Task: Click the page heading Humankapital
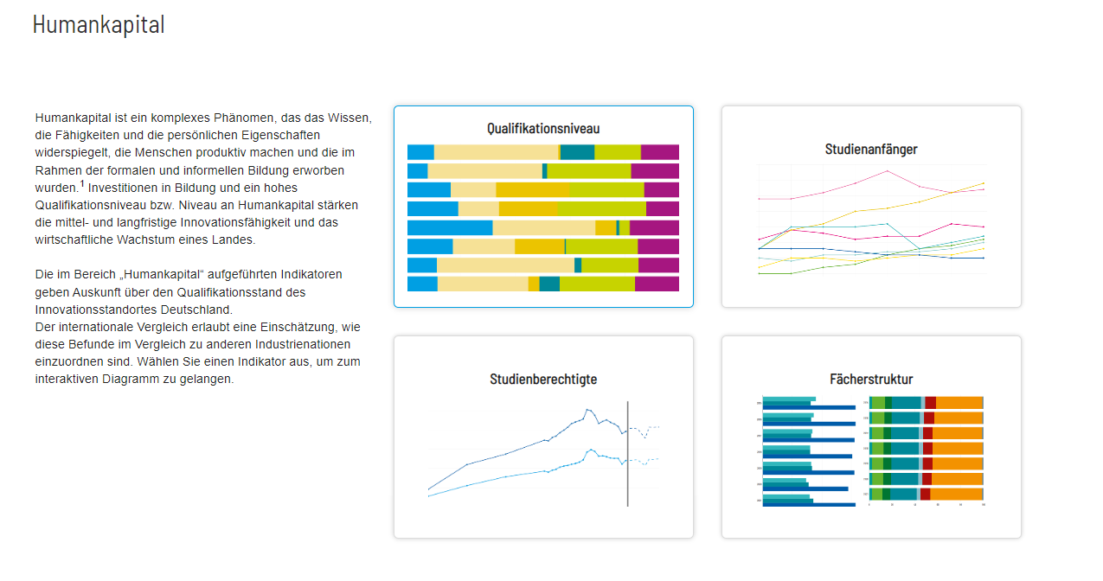(x=99, y=25)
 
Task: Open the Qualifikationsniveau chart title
(x=542, y=129)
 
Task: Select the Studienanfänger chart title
(x=871, y=149)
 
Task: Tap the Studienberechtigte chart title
(x=543, y=379)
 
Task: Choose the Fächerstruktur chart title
(x=871, y=379)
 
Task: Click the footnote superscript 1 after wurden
(x=82, y=183)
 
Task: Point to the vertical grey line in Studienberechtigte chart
(x=627, y=453)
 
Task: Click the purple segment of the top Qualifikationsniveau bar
(x=659, y=152)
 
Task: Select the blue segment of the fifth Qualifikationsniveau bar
(x=449, y=227)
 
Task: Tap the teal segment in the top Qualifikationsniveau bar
(x=577, y=152)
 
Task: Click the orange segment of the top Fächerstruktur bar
(x=959, y=403)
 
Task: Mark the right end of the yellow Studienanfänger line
(x=984, y=183)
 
